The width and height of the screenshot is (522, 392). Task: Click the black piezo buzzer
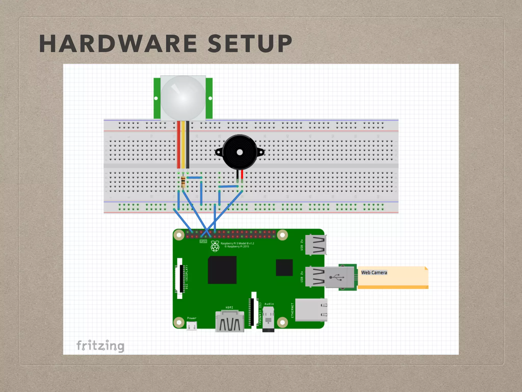point(240,152)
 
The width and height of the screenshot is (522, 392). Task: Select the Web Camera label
point(374,273)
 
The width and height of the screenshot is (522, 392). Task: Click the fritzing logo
point(100,346)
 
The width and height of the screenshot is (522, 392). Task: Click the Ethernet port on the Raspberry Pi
point(311,310)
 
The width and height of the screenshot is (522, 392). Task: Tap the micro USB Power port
point(192,326)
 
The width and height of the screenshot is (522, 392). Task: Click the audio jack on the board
point(268,319)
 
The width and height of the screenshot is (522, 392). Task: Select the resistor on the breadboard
point(183,182)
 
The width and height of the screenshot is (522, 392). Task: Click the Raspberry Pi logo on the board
point(215,246)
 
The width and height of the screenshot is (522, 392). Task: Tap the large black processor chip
point(222,270)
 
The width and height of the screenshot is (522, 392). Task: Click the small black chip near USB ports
point(284,267)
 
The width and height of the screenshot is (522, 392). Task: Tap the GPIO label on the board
point(203,241)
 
